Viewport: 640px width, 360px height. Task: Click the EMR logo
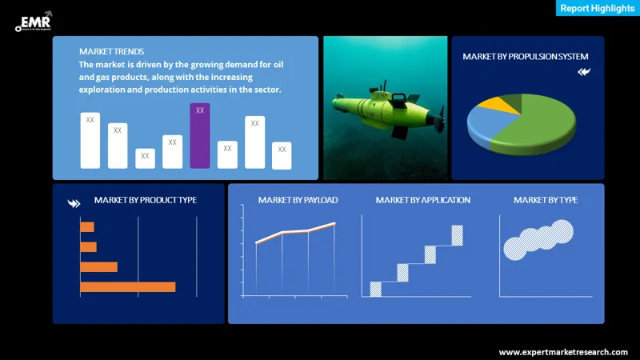pos(33,20)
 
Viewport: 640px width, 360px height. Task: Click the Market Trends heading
pos(112,51)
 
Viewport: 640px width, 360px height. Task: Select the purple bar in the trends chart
pos(200,136)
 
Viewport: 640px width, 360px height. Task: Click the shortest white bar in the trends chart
pos(145,158)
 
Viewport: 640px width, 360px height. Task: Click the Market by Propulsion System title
pos(525,57)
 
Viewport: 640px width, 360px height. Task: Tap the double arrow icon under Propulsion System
pos(584,72)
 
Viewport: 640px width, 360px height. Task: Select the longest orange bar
pos(127,286)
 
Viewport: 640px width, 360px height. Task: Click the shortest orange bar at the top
pos(87,227)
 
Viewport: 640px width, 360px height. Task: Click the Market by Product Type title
pos(145,200)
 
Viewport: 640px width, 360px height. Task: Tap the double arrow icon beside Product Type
pos(74,203)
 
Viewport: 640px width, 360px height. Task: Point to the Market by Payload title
pos(298,200)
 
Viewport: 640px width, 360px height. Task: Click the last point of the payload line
pos(334,224)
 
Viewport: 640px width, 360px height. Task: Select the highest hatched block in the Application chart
pos(457,235)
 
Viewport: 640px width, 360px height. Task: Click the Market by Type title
pos(546,200)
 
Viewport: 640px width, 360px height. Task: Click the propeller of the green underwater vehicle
pos(438,122)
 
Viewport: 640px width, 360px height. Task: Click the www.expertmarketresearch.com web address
pos(563,352)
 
